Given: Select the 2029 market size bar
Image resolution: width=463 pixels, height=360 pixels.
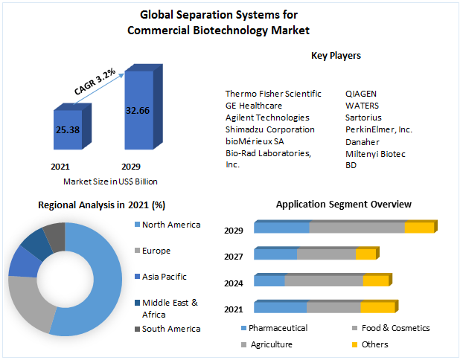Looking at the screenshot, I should coord(140,112).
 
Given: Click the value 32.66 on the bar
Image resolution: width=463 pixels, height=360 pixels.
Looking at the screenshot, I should coord(139,110).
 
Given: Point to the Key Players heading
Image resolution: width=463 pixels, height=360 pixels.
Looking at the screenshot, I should coord(336,56).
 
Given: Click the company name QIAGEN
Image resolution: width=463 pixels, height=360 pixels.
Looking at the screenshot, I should coord(361,94).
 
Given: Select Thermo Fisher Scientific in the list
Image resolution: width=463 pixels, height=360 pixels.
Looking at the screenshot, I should coord(273,94).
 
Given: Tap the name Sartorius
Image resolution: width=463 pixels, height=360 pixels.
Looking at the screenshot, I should coord(363,118).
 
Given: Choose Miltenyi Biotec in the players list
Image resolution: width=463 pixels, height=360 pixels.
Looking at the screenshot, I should coord(375,153).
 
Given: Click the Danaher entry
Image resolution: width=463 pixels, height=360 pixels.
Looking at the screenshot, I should coord(362,141).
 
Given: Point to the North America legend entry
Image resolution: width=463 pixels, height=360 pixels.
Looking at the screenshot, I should coord(170,225).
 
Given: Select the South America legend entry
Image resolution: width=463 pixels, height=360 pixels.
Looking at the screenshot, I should coord(170,329).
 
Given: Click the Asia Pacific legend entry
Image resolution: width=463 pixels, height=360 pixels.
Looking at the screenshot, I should coord(165,277).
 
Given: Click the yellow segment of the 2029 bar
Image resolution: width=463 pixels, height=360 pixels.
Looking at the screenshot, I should coord(418,228).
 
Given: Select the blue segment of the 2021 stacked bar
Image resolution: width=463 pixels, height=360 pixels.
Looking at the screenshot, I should coord(280,307).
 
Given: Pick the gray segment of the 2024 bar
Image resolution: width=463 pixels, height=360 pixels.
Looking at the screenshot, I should coord(324,280).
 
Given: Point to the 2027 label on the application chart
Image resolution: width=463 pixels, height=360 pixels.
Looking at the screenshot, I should coord(234,257).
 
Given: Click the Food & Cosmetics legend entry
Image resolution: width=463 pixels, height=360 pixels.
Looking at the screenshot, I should coord(396,328).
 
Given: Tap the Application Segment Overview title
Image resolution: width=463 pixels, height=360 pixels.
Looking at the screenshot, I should coord(343,204).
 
